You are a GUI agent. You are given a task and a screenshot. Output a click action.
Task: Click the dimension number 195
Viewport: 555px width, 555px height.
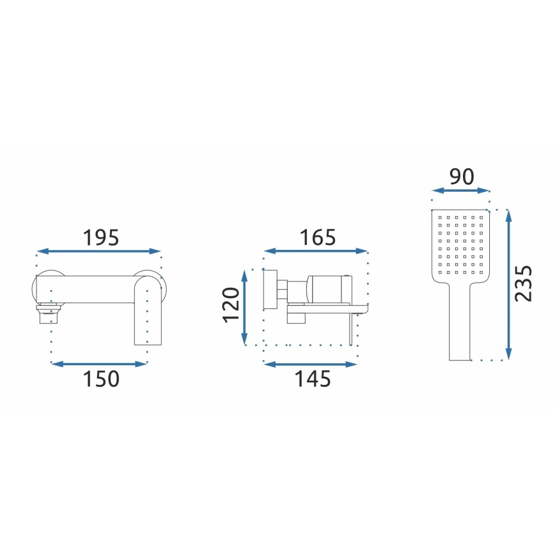coord(101,237)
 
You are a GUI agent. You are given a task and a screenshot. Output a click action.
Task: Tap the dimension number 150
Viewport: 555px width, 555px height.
coord(101,379)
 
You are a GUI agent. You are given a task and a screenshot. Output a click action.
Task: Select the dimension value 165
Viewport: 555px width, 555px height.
coord(318,237)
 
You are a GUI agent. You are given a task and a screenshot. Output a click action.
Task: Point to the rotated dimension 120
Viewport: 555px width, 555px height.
coord(231,305)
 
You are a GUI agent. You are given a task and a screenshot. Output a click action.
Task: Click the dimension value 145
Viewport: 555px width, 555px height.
coord(313,379)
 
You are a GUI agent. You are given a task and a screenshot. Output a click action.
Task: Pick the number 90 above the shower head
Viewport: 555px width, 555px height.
coord(462,176)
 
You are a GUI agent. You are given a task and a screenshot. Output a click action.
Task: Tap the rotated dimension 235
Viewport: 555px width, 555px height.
coord(523,283)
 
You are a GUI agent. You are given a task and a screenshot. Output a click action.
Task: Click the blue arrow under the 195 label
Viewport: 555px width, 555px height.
coord(98,251)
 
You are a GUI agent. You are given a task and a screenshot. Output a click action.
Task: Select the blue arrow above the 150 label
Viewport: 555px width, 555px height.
coord(98,364)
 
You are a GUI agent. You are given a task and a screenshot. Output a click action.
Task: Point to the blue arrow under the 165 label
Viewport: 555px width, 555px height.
coord(316,251)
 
